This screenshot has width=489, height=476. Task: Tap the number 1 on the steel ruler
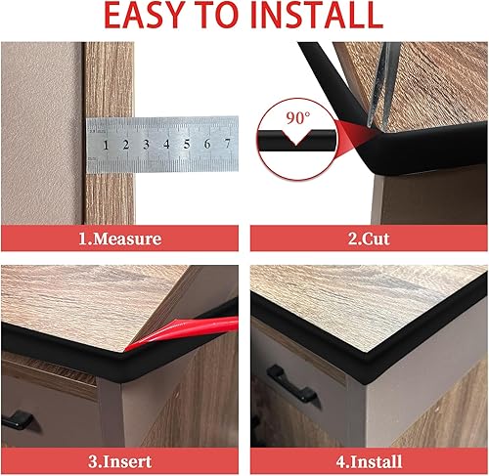(x=106, y=146)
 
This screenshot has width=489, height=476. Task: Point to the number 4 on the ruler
(x=166, y=144)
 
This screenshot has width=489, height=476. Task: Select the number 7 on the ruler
(x=228, y=143)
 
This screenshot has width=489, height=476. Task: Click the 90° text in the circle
(x=298, y=118)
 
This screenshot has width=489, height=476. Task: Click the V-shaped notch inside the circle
(x=296, y=138)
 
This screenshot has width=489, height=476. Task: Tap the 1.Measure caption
(x=120, y=238)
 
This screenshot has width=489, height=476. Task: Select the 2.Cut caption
(x=369, y=238)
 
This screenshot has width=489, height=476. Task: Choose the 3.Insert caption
(x=120, y=461)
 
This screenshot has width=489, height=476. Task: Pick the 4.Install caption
(x=369, y=461)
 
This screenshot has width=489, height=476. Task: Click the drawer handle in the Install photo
(x=291, y=383)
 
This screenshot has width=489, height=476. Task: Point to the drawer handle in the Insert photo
(x=18, y=420)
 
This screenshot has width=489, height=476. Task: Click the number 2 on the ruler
(x=126, y=145)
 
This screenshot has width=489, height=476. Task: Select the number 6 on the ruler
(x=207, y=144)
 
